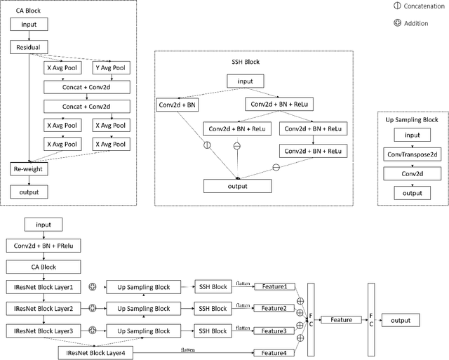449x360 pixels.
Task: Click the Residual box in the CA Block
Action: click(29, 48)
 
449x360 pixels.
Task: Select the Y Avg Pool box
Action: click(111, 68)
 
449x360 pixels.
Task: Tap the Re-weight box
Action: click(29, 169)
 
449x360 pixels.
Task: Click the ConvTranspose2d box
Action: click(413, 153)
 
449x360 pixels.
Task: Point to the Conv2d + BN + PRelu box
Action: click(43, 246)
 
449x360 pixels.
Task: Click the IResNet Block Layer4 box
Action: click(95, 352)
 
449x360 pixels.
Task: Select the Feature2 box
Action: click(274, 308)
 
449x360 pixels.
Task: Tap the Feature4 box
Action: click(274, 352)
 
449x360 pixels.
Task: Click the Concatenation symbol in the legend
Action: click(398, 6)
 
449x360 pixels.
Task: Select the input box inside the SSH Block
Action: click(245, 81)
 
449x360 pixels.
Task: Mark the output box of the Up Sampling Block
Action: click(413, 192)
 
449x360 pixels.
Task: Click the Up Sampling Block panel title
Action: click(412, 120)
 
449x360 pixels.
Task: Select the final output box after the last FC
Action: click(400, 319)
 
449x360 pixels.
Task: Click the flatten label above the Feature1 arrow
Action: click(243, 281)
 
